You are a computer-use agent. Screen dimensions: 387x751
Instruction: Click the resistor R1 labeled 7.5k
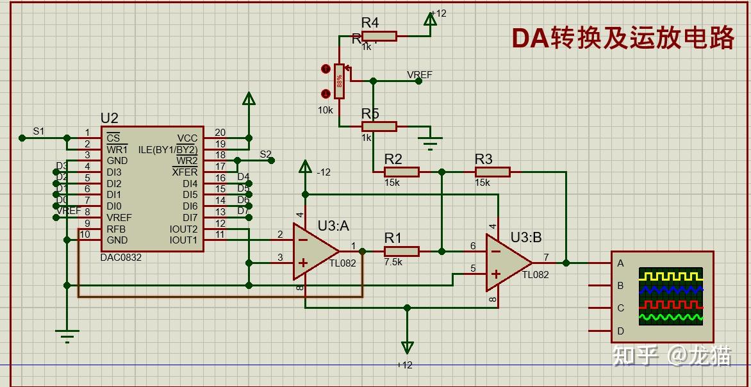pos(401,251)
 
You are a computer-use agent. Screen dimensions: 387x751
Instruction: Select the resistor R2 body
pos(401,172)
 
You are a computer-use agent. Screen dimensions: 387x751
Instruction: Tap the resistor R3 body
pos(492,172)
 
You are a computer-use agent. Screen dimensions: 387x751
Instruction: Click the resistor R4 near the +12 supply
pos(379,37)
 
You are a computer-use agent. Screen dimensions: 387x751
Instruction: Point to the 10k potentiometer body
pos(339,81)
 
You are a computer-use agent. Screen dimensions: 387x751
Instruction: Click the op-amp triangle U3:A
pos(313,251)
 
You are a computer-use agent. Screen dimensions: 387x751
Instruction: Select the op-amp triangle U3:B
pos(506,262)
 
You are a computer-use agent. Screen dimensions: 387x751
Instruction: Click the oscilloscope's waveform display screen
pos(671,296)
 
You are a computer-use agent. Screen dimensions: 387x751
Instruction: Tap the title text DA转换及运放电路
pos(622,38)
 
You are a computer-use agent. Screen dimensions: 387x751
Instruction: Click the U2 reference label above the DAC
pos(110,119)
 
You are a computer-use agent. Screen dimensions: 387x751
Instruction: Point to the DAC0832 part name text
pos(121,258)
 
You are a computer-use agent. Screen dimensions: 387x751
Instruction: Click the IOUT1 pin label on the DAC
pos(184,240)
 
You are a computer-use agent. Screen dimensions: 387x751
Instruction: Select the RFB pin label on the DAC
pos(116,229)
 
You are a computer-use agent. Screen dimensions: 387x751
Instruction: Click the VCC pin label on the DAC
pos(188,138)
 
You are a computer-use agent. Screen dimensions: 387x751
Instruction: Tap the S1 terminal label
pos(39,131)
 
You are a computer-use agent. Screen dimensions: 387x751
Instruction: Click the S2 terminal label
pos(265,154)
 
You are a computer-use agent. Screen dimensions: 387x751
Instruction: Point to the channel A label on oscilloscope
pos(620,263)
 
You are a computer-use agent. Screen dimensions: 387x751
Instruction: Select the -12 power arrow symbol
pos(305,169)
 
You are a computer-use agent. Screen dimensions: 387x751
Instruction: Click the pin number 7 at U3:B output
pos(546,257)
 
